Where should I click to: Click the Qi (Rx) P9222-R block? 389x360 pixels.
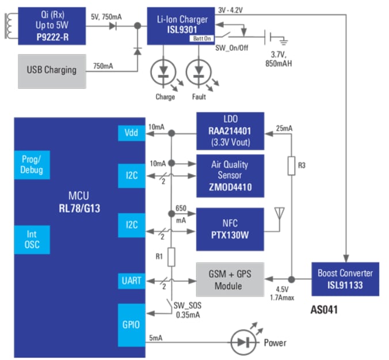(51, 25)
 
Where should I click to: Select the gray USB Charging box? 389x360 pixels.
(52, 70)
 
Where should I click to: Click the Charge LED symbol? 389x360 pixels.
(165, 74)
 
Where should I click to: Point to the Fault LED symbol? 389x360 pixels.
(199, 74)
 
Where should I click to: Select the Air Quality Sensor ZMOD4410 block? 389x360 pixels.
(230, 175)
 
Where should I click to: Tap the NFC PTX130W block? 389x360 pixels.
(230, 229)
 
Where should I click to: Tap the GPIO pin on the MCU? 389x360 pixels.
(131, 324)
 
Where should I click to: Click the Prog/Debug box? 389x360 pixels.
(32, 165)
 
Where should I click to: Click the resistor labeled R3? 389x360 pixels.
(292, 166)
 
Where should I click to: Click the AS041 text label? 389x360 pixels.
(323, 310)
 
